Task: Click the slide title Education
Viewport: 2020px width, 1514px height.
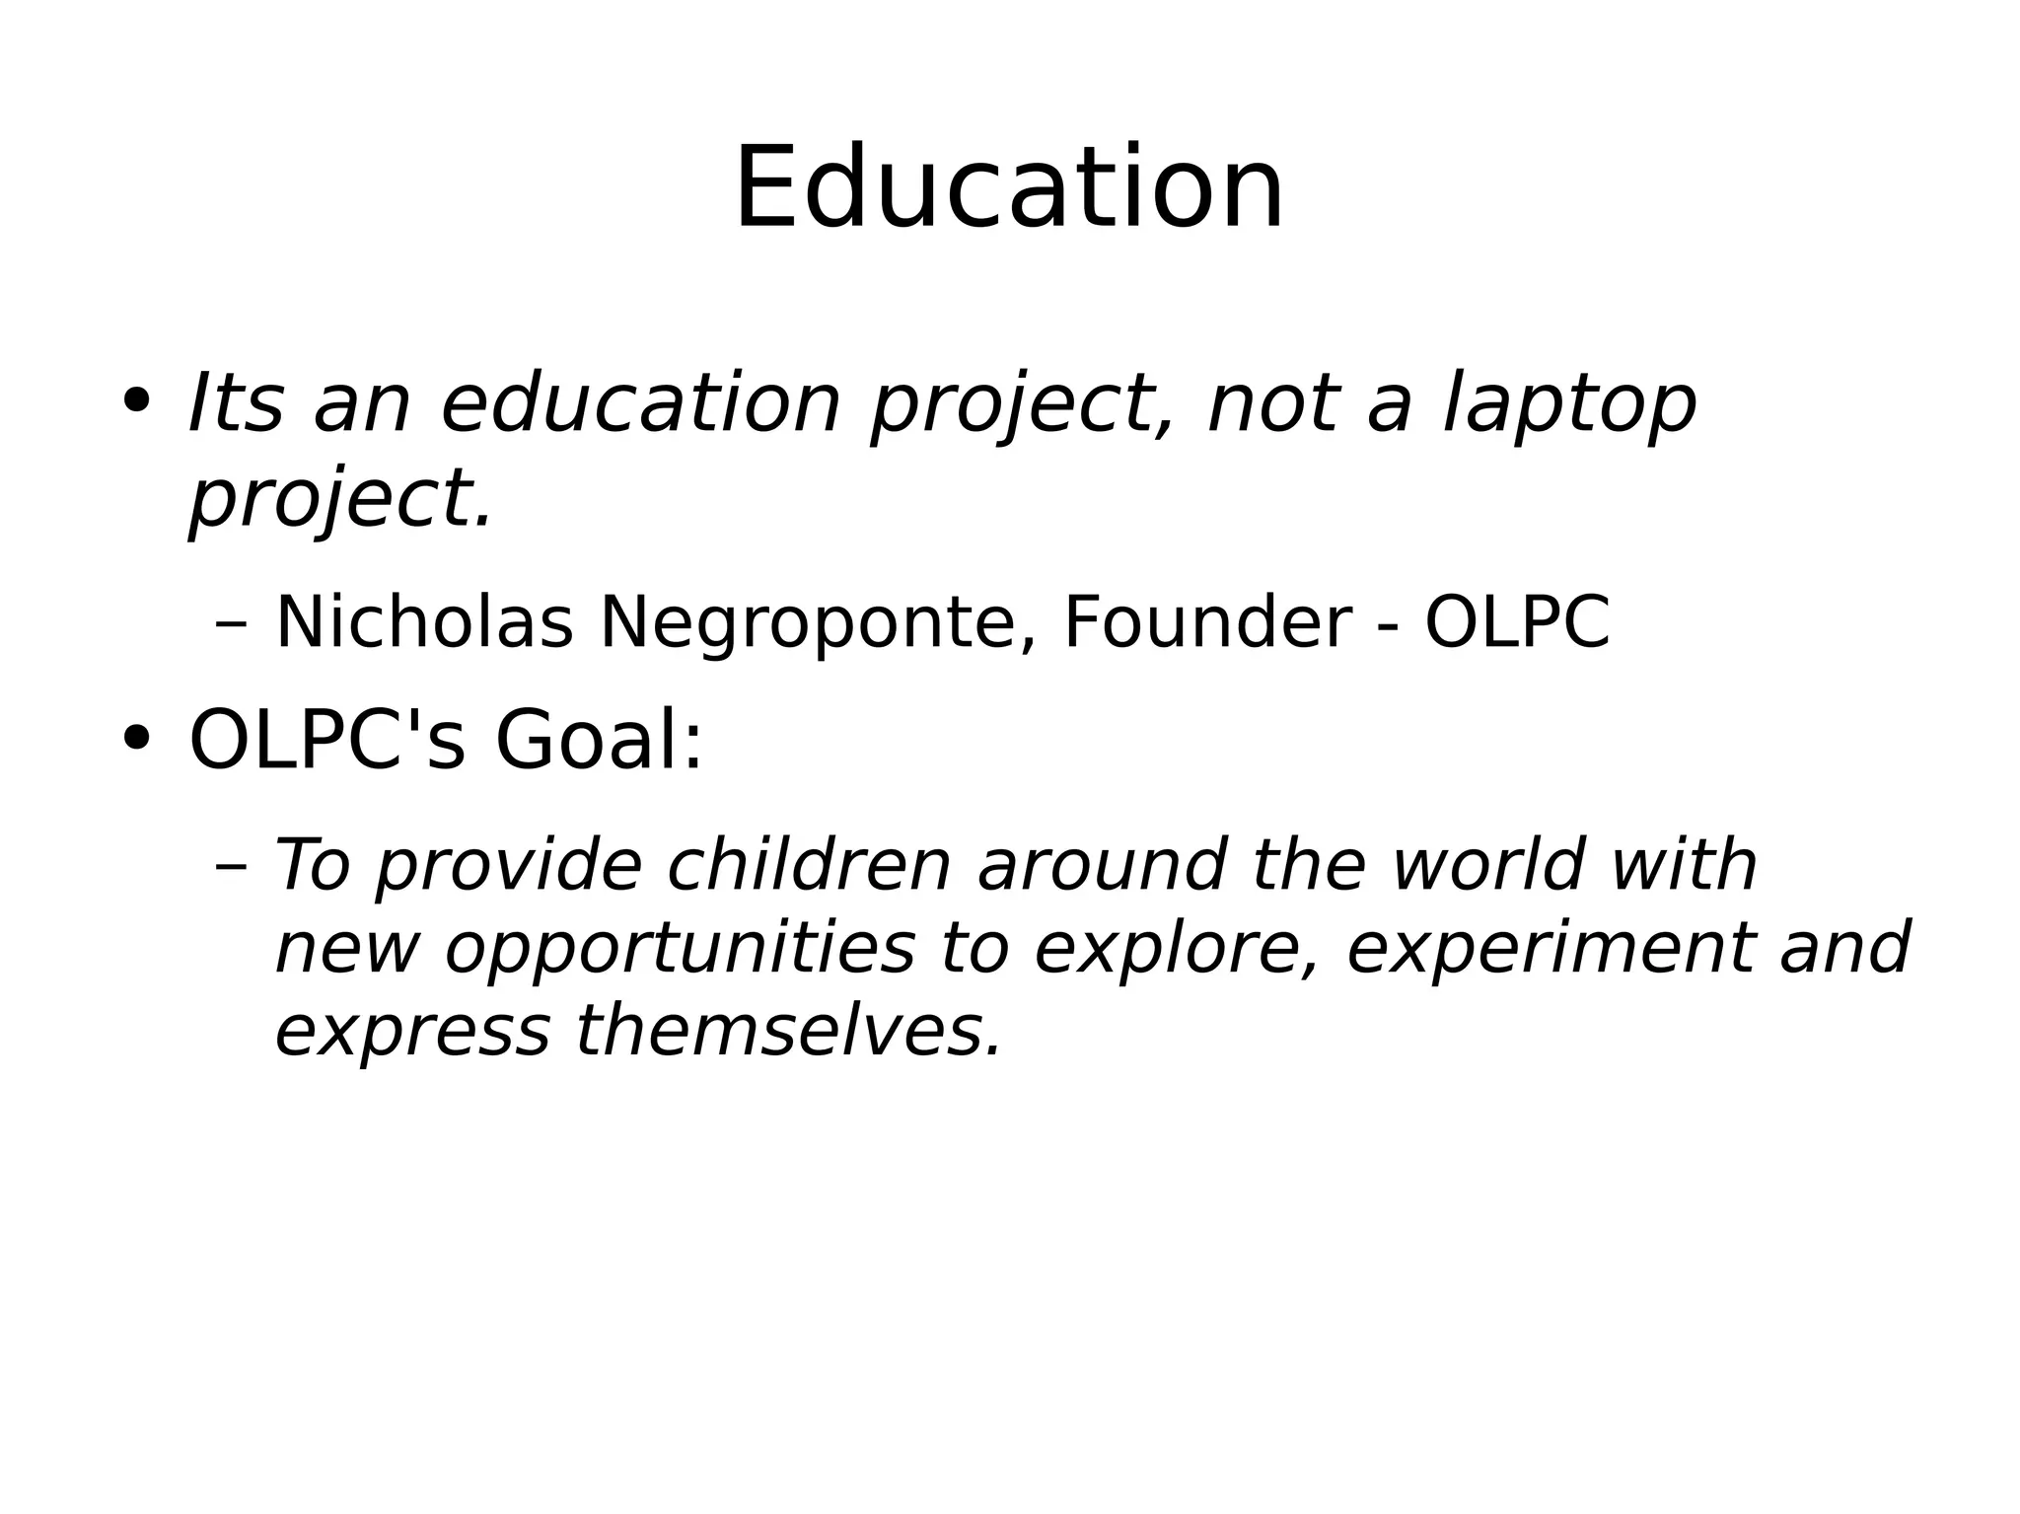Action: click(1009, 187)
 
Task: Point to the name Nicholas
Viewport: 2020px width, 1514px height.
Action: click(424, 623)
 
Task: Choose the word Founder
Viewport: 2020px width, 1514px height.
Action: click(1206, 623)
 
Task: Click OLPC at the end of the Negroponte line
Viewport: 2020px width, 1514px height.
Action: click(1517, 623)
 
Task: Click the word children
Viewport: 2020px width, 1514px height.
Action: click(809, 865)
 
